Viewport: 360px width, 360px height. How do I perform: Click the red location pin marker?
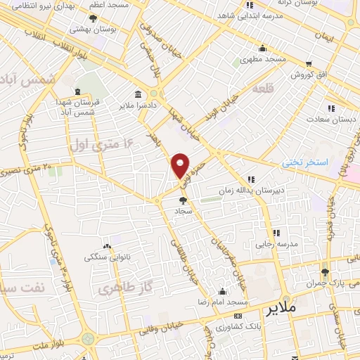(181, 165)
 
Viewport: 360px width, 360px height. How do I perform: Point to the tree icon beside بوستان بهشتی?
(93, 19)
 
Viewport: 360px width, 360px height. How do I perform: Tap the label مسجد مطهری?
(263, 59)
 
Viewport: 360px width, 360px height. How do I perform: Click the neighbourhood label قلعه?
(261, 89)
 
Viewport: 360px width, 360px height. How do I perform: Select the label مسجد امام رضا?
(223, 301)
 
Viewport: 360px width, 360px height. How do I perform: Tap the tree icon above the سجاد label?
(184, 200)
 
